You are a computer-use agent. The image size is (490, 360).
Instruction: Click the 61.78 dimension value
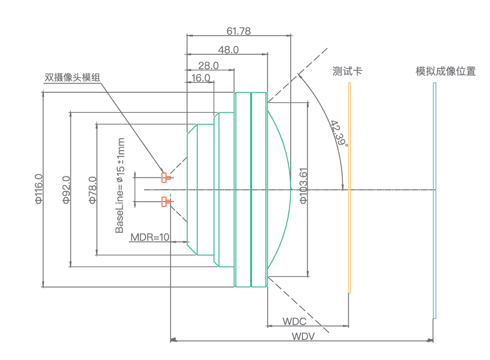click(238, 31)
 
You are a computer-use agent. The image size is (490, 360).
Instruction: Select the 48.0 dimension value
click(228, 49)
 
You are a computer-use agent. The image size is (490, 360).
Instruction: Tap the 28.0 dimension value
click(209, 65)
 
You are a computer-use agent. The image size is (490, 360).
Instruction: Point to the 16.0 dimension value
click(201, 78)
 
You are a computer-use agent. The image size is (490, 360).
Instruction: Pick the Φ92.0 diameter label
click(66, 189)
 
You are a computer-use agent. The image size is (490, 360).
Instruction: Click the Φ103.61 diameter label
click(303, 186)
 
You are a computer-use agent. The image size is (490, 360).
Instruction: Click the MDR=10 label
click(149, 237)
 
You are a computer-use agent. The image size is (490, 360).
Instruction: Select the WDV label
click(303, 336)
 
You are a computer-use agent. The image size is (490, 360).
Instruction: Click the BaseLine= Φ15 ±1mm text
click(120, 186)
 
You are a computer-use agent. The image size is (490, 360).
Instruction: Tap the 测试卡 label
click(347, 71)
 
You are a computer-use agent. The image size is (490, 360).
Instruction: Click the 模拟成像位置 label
click(446, 71)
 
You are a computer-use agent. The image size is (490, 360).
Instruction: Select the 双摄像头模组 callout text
click(72, 77)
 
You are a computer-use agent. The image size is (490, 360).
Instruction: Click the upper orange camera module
click(165, 177)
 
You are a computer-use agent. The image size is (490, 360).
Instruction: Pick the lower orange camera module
click(165, 201)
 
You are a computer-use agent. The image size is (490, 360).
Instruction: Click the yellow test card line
click(349, 188)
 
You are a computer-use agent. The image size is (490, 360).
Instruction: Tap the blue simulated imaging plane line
click(434, 200)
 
